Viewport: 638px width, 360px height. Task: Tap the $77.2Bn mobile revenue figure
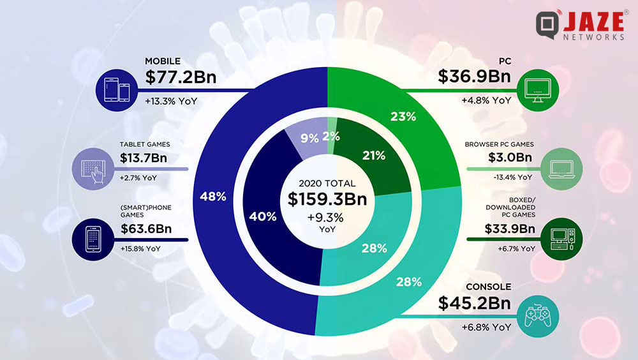pos(181,77)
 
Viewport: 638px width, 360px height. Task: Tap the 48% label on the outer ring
pos(213,197)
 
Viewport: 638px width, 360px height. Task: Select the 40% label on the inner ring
pos(263,216)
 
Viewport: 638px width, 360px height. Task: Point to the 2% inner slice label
pos(331,135)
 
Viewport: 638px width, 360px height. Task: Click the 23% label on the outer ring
pos(403,117)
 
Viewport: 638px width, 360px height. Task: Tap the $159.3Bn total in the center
pos(327,199)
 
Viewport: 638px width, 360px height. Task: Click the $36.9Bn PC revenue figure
pos(473,77)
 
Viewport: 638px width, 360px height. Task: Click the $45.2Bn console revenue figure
pos(474,304)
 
